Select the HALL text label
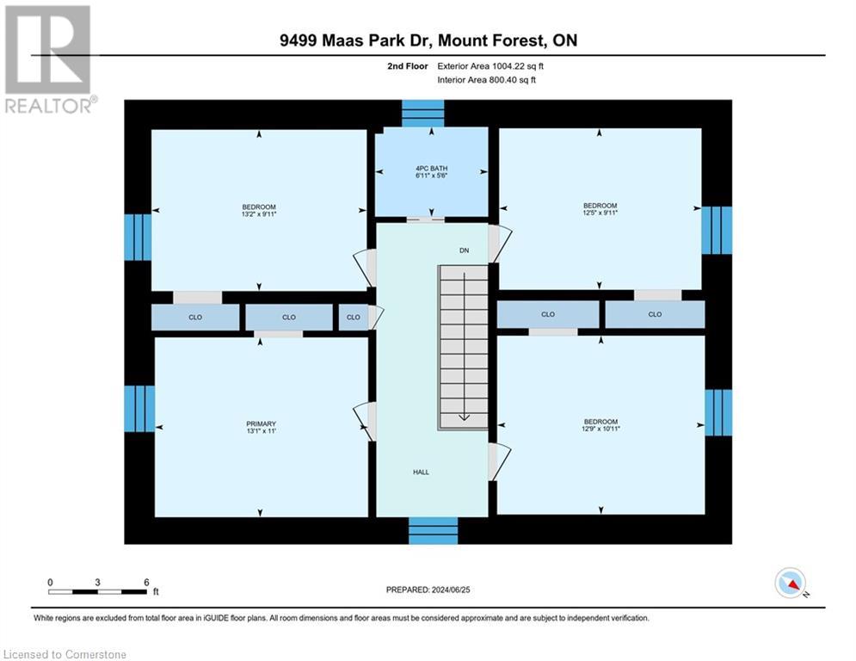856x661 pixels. pyautogui.click(x=421, y=472)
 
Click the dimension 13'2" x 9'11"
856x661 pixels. pyautogui.click(x=259, y=214)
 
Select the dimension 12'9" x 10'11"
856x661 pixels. pyautogui.click(x=600, y=429)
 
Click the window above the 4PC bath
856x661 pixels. pyautogui.click(x=422, y=113)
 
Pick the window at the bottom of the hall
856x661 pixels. pyautogui.click(x=433, y=530)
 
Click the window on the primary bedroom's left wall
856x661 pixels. pyautogui.click(x=139, y=408)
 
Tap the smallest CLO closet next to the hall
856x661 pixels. pyautogui.click(x=354, y=318)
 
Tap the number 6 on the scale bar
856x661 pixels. pyautogui.click(x=146, y=582)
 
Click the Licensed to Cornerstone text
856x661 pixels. pyautogui.click(x=65, y=655)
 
